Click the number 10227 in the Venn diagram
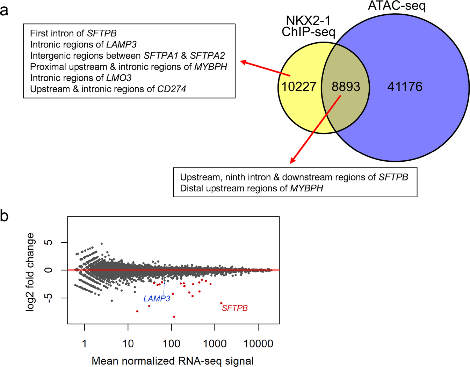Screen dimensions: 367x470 point(299,87)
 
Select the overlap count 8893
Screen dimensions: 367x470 point(346,87)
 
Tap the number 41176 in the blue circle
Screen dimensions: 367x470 point(405,87)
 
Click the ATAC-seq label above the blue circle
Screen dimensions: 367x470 point(397,6)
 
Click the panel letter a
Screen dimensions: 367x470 point(4,10)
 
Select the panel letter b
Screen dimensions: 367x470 point(4,216)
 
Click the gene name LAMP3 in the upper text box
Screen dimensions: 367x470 point(121,44)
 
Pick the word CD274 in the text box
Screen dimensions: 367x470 point(172,89)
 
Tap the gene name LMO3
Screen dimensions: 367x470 point(119,78)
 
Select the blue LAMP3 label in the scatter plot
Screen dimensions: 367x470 point(157,299)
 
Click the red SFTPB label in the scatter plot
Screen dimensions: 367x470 point(235,308)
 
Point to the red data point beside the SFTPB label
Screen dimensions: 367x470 point(221,303)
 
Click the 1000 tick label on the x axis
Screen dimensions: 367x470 point(215,344)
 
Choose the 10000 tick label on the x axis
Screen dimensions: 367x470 point(258,344)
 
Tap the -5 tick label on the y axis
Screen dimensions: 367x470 point(49,298)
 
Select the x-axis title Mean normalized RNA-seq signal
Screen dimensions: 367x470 point(173,361)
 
